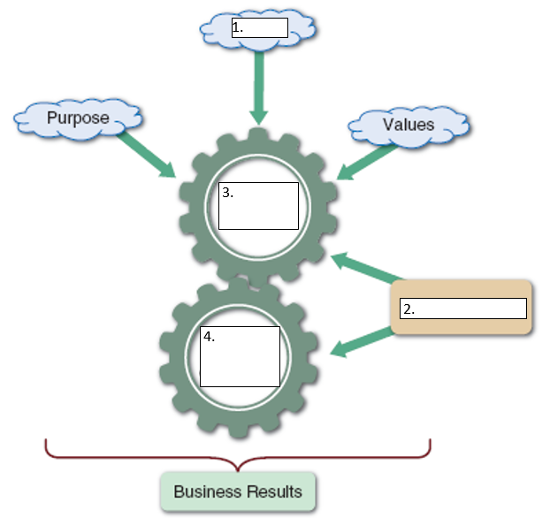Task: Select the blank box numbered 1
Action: [x=259, y=27]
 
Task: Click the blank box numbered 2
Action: [x=463, y=309]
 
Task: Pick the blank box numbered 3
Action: [x=258, y=206]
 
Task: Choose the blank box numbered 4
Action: [x=240, y=356]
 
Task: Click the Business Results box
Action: [x=238, y=491]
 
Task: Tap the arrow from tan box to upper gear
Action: [x=364, y=268]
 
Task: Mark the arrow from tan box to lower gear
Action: [x=363, y=343]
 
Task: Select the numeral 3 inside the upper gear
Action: [x=227, y=193]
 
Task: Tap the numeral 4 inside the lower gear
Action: [x=208, y=337]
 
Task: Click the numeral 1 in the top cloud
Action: [x=237, y=27]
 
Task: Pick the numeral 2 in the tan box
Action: [x=408, y=309]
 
